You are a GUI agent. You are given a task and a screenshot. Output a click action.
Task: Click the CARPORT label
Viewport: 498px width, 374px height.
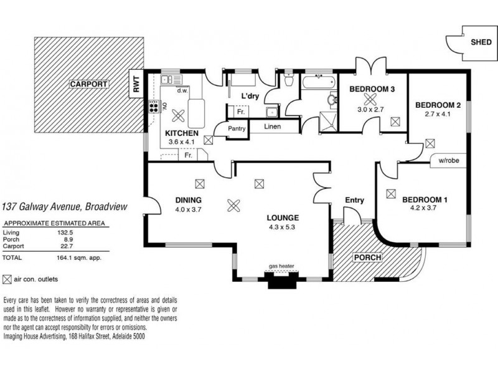(x=89, y=84)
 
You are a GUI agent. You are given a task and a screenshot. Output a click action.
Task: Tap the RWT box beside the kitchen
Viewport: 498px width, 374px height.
(x=136, y=84)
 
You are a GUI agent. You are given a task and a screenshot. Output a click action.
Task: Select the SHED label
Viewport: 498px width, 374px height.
(x=481, y=42)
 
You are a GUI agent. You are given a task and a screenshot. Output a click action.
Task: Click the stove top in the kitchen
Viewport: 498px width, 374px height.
(x=154, y=106)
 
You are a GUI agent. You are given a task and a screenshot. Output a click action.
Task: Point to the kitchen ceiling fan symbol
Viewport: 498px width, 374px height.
(x=178, y=115)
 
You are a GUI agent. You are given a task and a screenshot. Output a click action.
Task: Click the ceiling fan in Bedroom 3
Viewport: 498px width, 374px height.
(x=369, y=99)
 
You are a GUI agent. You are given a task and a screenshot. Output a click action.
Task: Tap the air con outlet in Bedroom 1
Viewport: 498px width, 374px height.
(x=391, y=194)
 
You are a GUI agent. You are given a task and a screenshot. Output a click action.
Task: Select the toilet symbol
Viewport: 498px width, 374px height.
(x=289, y=80)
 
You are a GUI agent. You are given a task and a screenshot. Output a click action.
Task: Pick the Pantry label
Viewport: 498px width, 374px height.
(x=237, y=128)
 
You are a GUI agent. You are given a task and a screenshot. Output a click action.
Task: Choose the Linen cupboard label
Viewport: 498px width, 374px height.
(x=273, y=127)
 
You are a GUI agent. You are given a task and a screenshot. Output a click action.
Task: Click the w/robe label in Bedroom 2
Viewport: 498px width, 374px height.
(x=448, y=161)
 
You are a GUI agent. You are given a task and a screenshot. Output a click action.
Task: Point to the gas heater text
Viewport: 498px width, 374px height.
(x=281, y=266)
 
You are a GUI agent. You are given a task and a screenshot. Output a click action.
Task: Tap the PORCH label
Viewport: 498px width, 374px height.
(x=367, y=257)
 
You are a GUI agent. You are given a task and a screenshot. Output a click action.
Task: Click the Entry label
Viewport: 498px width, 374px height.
(x=354, y=200)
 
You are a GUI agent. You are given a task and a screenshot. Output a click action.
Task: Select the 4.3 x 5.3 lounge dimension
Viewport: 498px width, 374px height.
(x=282, y=227)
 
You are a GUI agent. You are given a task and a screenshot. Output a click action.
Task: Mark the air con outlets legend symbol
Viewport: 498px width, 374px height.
(x=7, y=279)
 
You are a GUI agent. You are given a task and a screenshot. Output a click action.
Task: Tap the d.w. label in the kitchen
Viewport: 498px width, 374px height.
(x=182, y=90)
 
